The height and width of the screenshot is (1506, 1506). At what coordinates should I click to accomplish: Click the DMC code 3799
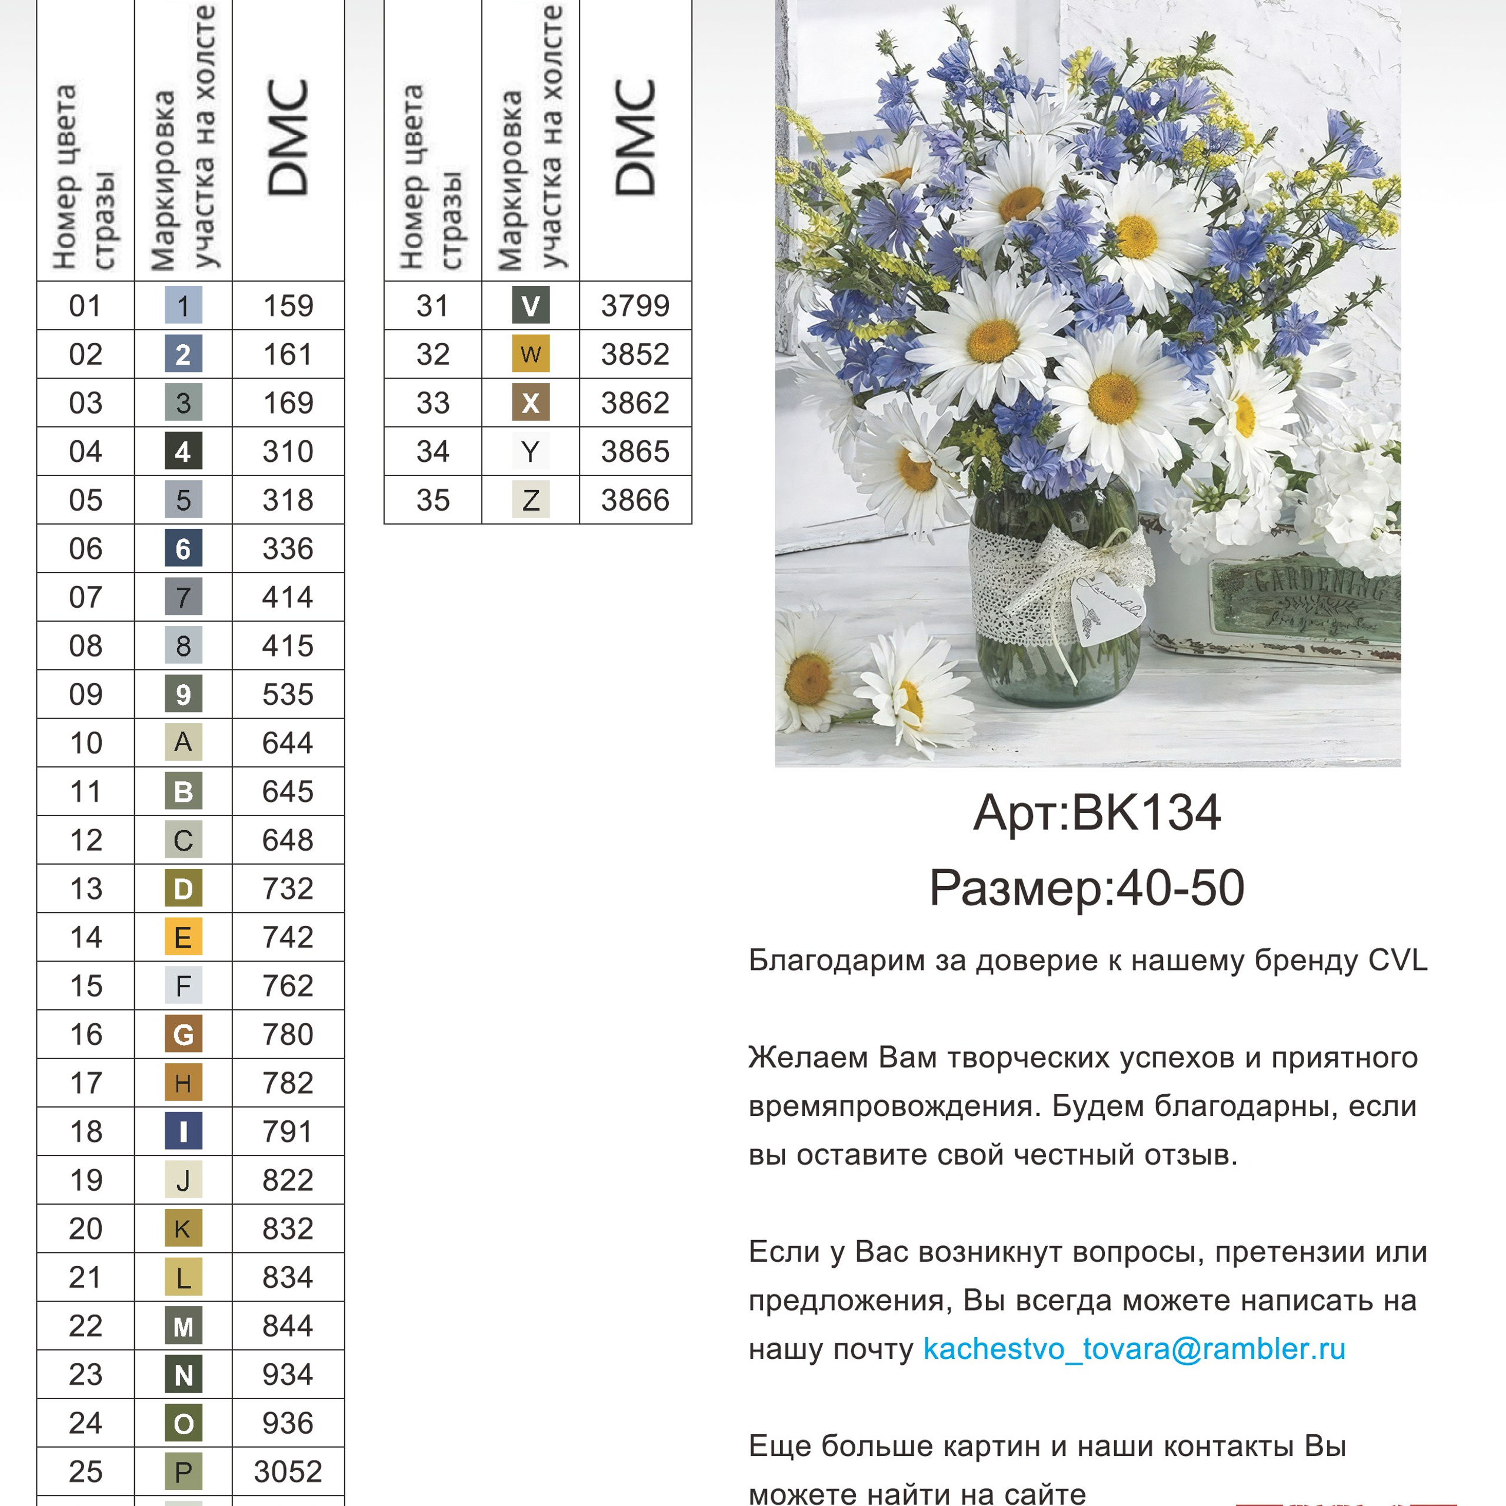point(635,305)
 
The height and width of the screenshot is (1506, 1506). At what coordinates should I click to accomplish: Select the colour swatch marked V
point(531,305)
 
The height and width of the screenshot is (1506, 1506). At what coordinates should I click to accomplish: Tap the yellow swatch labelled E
point(183,937)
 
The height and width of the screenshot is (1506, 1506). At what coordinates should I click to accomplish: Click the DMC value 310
point(288,451)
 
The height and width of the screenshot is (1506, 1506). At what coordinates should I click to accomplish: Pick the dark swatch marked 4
point(183,451)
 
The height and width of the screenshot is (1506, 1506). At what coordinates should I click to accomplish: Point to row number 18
point(86,1131)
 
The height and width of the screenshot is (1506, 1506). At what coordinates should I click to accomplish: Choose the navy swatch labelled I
point(183,1131)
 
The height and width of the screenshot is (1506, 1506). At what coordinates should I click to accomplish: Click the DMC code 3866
point(635,499)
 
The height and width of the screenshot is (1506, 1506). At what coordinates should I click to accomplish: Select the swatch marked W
point(531,354)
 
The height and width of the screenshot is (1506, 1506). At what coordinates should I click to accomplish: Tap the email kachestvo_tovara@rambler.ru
point(1134,1348)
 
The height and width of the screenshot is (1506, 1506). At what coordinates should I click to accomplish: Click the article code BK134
point(1146,813)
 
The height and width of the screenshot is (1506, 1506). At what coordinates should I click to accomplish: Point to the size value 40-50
point(1180,888)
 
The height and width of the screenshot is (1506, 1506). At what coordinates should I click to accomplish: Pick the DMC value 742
point(288,937)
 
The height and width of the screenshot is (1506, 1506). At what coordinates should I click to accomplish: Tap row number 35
point(432,499)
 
